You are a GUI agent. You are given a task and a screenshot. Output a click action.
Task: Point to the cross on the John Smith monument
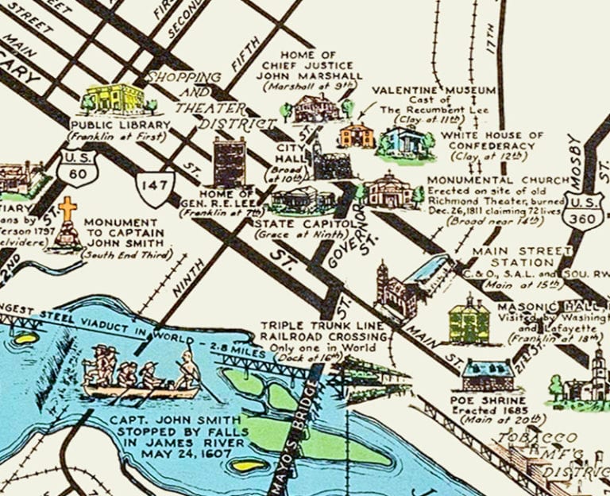click(69, 209)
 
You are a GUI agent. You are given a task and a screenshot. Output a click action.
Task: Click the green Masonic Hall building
click(469, 320)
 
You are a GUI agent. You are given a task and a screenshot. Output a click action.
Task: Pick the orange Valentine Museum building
click(356, 135)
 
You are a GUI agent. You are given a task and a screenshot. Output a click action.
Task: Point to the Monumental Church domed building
click(390, 191)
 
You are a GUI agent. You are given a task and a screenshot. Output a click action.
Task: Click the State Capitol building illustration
click(303, 200)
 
